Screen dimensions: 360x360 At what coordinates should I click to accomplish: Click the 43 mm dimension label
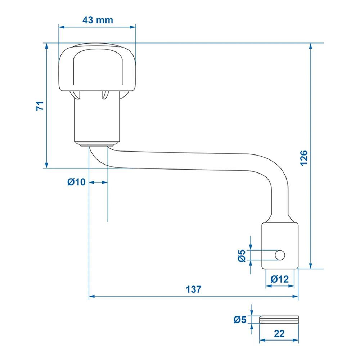[x=98, y=20]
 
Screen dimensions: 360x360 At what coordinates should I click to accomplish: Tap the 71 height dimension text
[x=40, y=105]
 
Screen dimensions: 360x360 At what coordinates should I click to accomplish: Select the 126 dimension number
[x=304, y=158]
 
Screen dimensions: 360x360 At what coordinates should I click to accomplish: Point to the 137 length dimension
[x=194, y=289]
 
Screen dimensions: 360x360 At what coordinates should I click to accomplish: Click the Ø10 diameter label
[x=76, y=182]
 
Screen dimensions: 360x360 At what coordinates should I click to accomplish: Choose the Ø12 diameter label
[x=280, y=279]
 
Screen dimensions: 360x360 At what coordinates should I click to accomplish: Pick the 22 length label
[x=279, y=334]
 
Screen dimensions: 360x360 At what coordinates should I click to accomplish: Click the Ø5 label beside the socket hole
[x=242, y=256]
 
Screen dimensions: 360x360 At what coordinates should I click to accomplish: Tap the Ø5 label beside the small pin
[x=240, y=319]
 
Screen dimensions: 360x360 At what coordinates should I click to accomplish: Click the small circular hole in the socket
[x=280, y=255]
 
